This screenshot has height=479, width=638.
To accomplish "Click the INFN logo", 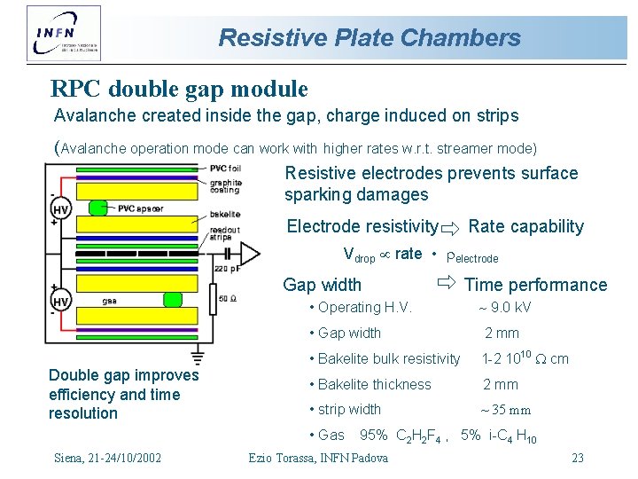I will click(x=63, y=34).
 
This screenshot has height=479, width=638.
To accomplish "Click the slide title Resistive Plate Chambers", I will click(x=370, y=37).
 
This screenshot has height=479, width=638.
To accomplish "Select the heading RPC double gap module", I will click(x=179, y=89).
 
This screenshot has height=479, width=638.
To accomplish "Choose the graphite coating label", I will click(x=226, y=186).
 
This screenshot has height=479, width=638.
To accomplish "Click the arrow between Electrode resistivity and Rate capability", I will click(x=452, y=227).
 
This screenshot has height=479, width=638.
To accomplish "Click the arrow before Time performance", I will click(x=446, y=284).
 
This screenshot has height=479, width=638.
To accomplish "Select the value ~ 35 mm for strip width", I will click(x=505, y=410).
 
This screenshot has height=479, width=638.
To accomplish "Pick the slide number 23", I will click(x=577, y=458).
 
